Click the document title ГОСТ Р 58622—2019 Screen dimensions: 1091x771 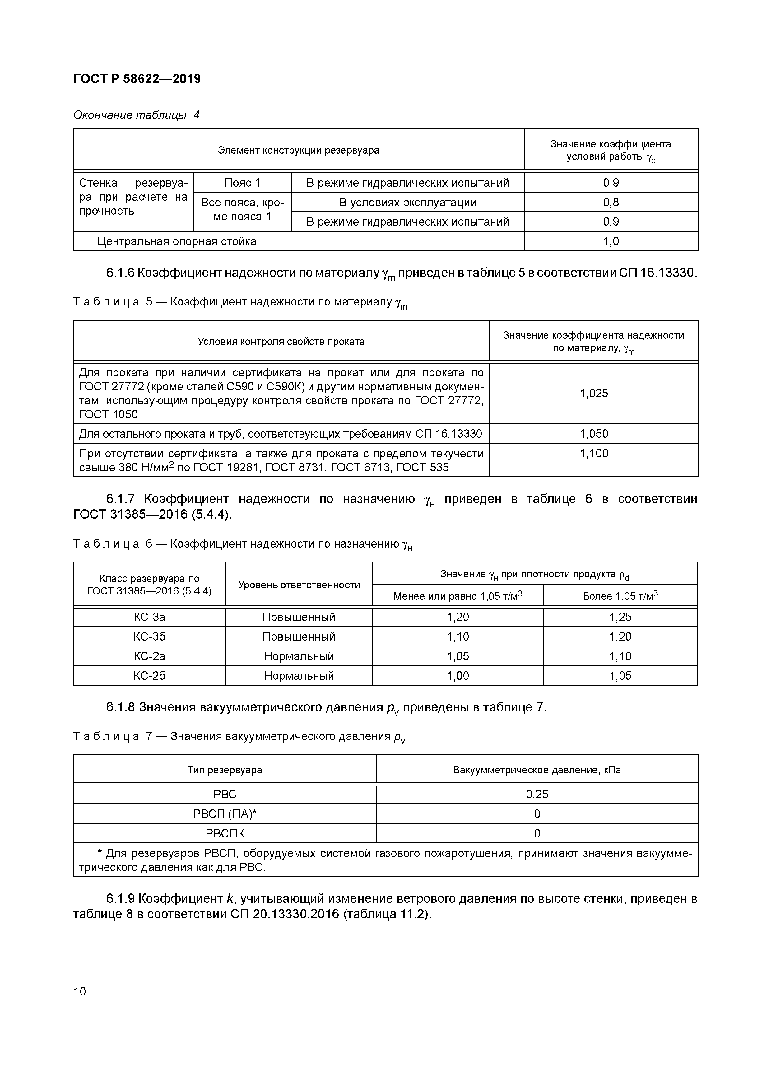[137, 79]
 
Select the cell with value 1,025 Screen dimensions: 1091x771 [593, 394]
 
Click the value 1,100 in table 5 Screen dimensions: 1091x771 [593, 453]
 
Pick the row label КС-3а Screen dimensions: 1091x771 [149, 617]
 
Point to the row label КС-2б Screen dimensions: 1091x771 [149, 676]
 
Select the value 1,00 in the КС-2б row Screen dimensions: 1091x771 [457, 676]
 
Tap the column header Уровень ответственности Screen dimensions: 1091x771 [299, 585]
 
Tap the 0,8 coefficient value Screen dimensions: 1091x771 [611, 203]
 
